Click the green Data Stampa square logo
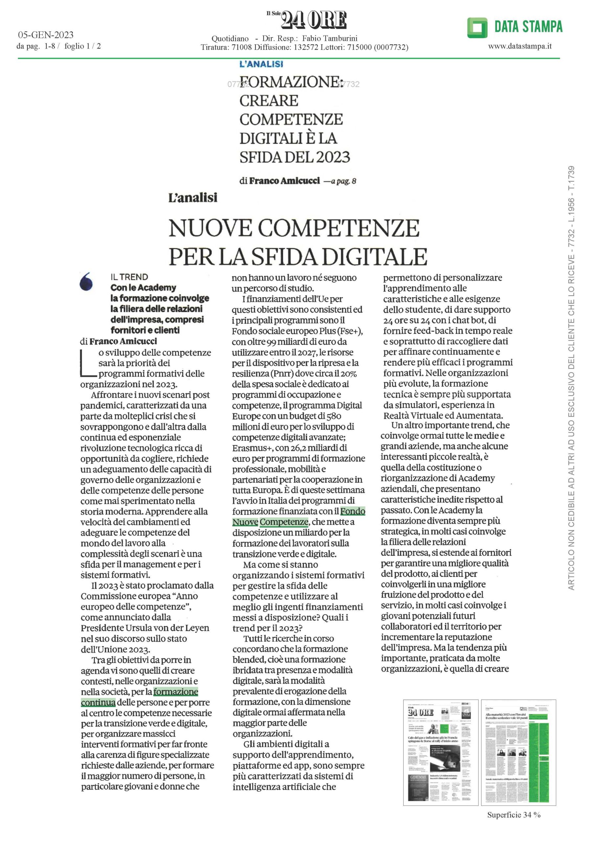(x=477, y=28)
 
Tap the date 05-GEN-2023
(x=46, y=35)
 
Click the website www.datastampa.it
(x=520, y=46)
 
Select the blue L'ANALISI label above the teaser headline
(x=261, y=64)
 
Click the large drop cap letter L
(x=86, y=363)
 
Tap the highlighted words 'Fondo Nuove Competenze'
(x=298, y=516)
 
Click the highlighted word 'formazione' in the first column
(x=176, y=692)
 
